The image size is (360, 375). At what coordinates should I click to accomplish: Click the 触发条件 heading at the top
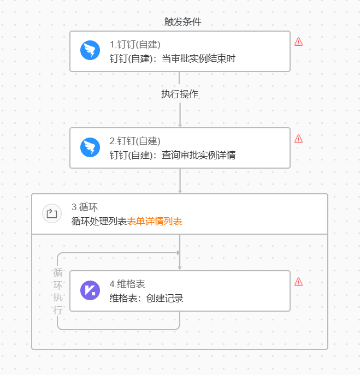182,22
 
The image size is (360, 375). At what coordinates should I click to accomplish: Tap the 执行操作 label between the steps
180,94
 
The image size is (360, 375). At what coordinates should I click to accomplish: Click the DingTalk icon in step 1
90,50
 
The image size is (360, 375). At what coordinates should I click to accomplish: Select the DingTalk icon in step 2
90,147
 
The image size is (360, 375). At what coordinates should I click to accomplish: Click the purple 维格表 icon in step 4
90,290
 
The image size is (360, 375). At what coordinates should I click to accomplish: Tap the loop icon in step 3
52,213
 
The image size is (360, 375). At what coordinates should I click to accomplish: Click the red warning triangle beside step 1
298,41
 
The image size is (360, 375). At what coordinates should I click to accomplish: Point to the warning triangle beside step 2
298,139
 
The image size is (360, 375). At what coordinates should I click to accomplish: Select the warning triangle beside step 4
298,282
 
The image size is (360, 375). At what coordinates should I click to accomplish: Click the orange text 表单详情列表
155,221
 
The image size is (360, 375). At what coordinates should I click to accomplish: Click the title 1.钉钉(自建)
135,44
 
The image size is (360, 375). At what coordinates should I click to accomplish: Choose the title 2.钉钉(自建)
135,141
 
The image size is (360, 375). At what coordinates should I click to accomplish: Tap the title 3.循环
85,207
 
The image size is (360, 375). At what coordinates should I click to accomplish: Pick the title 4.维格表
127,284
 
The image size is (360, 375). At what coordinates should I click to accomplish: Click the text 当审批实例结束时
199,58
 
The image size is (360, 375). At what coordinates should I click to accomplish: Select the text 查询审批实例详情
199,155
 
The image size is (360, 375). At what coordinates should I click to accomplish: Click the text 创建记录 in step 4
164,298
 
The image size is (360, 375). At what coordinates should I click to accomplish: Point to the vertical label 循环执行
58,291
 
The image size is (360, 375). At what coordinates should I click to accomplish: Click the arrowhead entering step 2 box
180,126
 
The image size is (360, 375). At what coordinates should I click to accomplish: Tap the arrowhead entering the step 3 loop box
180,192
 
